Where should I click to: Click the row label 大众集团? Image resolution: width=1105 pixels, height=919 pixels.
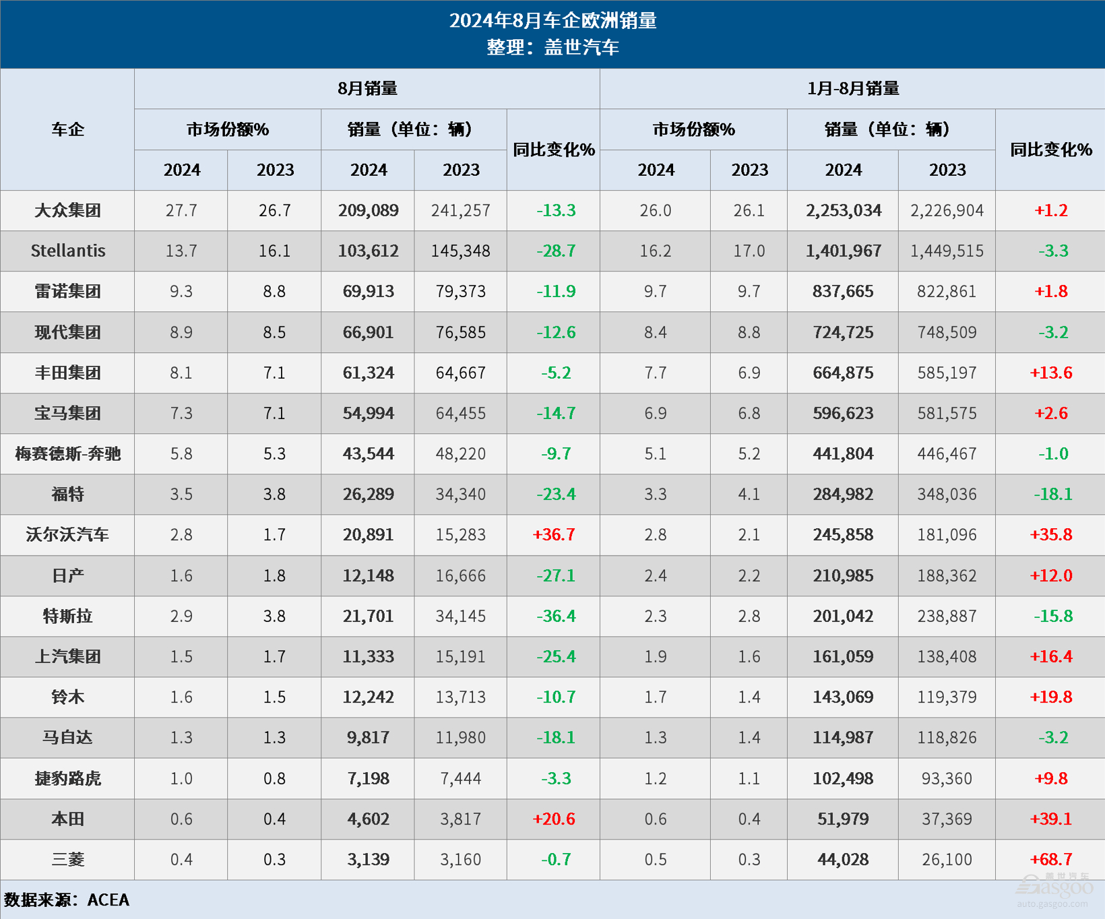click(67, 211)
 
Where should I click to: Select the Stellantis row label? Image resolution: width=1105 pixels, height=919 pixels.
click(67, 251)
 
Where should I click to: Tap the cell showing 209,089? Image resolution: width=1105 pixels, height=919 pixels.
click(368, 211)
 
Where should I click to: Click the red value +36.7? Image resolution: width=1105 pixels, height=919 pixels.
click(554, 535)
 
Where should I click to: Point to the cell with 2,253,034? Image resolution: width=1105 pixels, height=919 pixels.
click(843, 211)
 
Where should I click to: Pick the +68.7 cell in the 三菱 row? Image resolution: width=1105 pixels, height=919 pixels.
click(1050, 860)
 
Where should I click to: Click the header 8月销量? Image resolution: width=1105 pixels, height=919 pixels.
click(367, 88)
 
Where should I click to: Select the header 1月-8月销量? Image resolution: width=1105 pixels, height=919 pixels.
click(852, 88)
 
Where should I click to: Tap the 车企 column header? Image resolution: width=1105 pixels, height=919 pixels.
click(67, 129)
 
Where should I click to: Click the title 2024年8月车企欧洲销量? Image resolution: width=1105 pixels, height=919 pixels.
click(552, 21)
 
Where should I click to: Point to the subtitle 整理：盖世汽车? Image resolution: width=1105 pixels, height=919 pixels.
click(552, 47)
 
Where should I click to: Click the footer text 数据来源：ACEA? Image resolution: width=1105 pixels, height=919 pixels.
click(67, 900)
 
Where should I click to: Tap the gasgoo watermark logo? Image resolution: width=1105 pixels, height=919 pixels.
click(1054, 889)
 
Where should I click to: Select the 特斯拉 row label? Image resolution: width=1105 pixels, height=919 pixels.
click(67, 616)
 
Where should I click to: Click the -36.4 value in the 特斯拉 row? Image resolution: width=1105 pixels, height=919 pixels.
click(555, 616)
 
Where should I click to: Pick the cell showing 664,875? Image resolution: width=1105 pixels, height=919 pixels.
click(843, 373)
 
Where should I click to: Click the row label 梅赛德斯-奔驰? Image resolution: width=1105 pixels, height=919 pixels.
click(67, 454)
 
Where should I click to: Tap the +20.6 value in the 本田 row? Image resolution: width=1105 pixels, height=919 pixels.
click(554, 819)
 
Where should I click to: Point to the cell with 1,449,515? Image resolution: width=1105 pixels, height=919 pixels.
click(947, 251)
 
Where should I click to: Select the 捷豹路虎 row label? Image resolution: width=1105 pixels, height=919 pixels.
click(67, 779)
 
